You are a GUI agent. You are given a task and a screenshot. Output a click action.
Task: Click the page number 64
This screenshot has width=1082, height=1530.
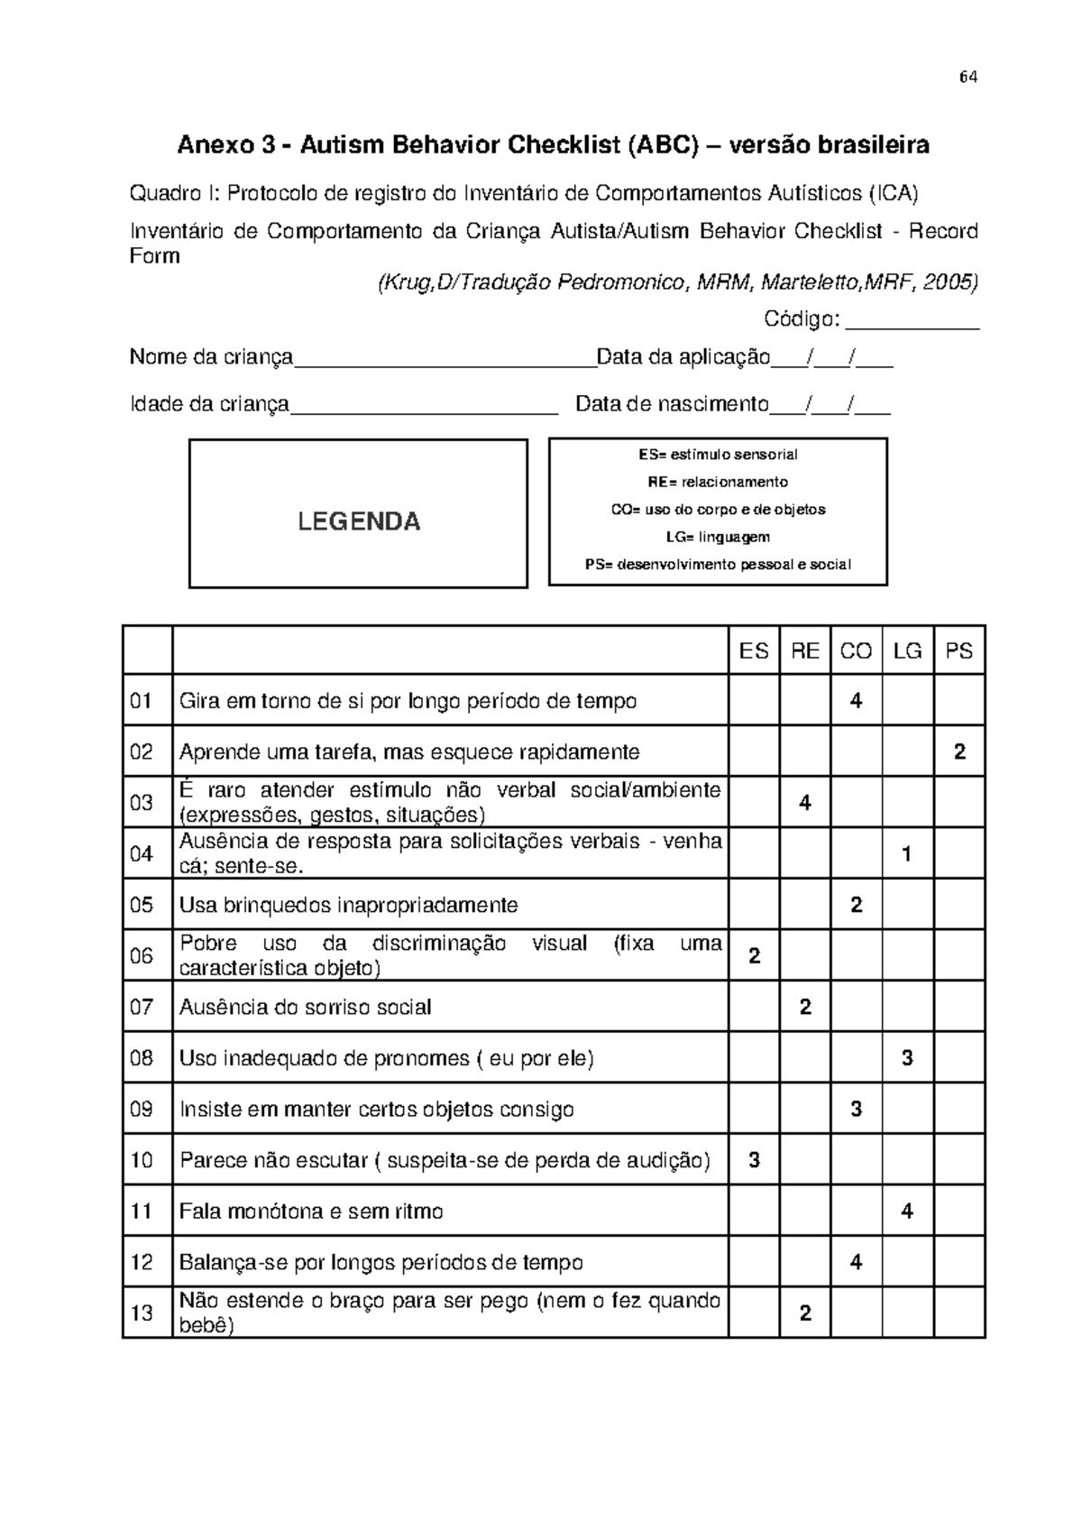pyautogui.click(x=968, y=78)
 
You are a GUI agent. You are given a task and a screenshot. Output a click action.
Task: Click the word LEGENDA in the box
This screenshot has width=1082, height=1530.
pyautogui.click(x=359, y=521)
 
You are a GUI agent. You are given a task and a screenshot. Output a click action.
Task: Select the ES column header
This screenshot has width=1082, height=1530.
pyautogui.click(x=754, y=650)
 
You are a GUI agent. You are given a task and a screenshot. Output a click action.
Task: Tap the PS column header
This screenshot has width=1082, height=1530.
pyautogui.click(x=959, y=650)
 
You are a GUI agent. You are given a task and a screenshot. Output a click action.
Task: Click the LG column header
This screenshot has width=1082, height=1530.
pyautogui.click(x=907, y=650)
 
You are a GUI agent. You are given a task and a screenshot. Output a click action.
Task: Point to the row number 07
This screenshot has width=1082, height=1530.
pyautogui.click(x=142, y=1007)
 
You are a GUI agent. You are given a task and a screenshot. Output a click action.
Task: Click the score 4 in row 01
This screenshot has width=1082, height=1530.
pyautogui.click(x=856, y=701)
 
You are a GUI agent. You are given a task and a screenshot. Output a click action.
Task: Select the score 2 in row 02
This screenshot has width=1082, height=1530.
pyautogui.click(x=959, y=751)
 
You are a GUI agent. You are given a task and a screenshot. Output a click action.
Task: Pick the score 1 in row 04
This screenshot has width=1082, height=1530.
pyautogui.click(x=907, y=853)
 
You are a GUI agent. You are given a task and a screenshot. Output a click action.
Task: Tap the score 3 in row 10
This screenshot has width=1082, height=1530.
pyautogui.click(x=754, y=1160)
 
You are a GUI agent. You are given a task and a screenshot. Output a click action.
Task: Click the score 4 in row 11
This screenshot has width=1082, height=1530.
pyautogui.click(x=907, y=1211)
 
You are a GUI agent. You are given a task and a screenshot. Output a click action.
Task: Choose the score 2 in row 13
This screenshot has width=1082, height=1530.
pyautogui.click(x=805, y=1313)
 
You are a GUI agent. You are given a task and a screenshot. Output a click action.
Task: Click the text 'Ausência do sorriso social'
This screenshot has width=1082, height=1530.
pyautogui.click(x=305, y=1007)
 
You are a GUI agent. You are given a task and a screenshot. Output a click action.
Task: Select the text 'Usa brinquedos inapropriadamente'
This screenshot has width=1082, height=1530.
pyautogui.click(x=348, y=905)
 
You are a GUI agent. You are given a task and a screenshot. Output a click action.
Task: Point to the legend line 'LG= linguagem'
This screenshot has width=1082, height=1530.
pyautogui.click(x=718, y=538)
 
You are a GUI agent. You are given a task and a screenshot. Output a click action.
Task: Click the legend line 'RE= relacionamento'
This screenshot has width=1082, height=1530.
pyautogui.click(x=718, y=482)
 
